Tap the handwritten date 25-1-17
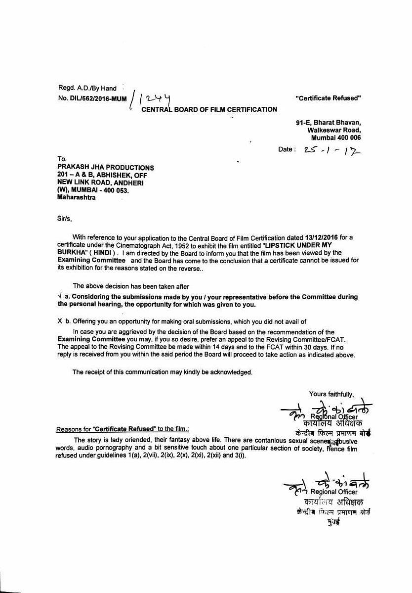click(334, 149)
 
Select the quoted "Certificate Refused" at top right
click(328, 98)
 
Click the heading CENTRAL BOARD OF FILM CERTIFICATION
click(209, 109)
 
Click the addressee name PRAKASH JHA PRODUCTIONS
click(105, 168)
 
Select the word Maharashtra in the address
click(77, 197)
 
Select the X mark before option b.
click(60, 321)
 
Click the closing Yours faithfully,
click(331, 394)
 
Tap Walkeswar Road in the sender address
click(334, 130)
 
